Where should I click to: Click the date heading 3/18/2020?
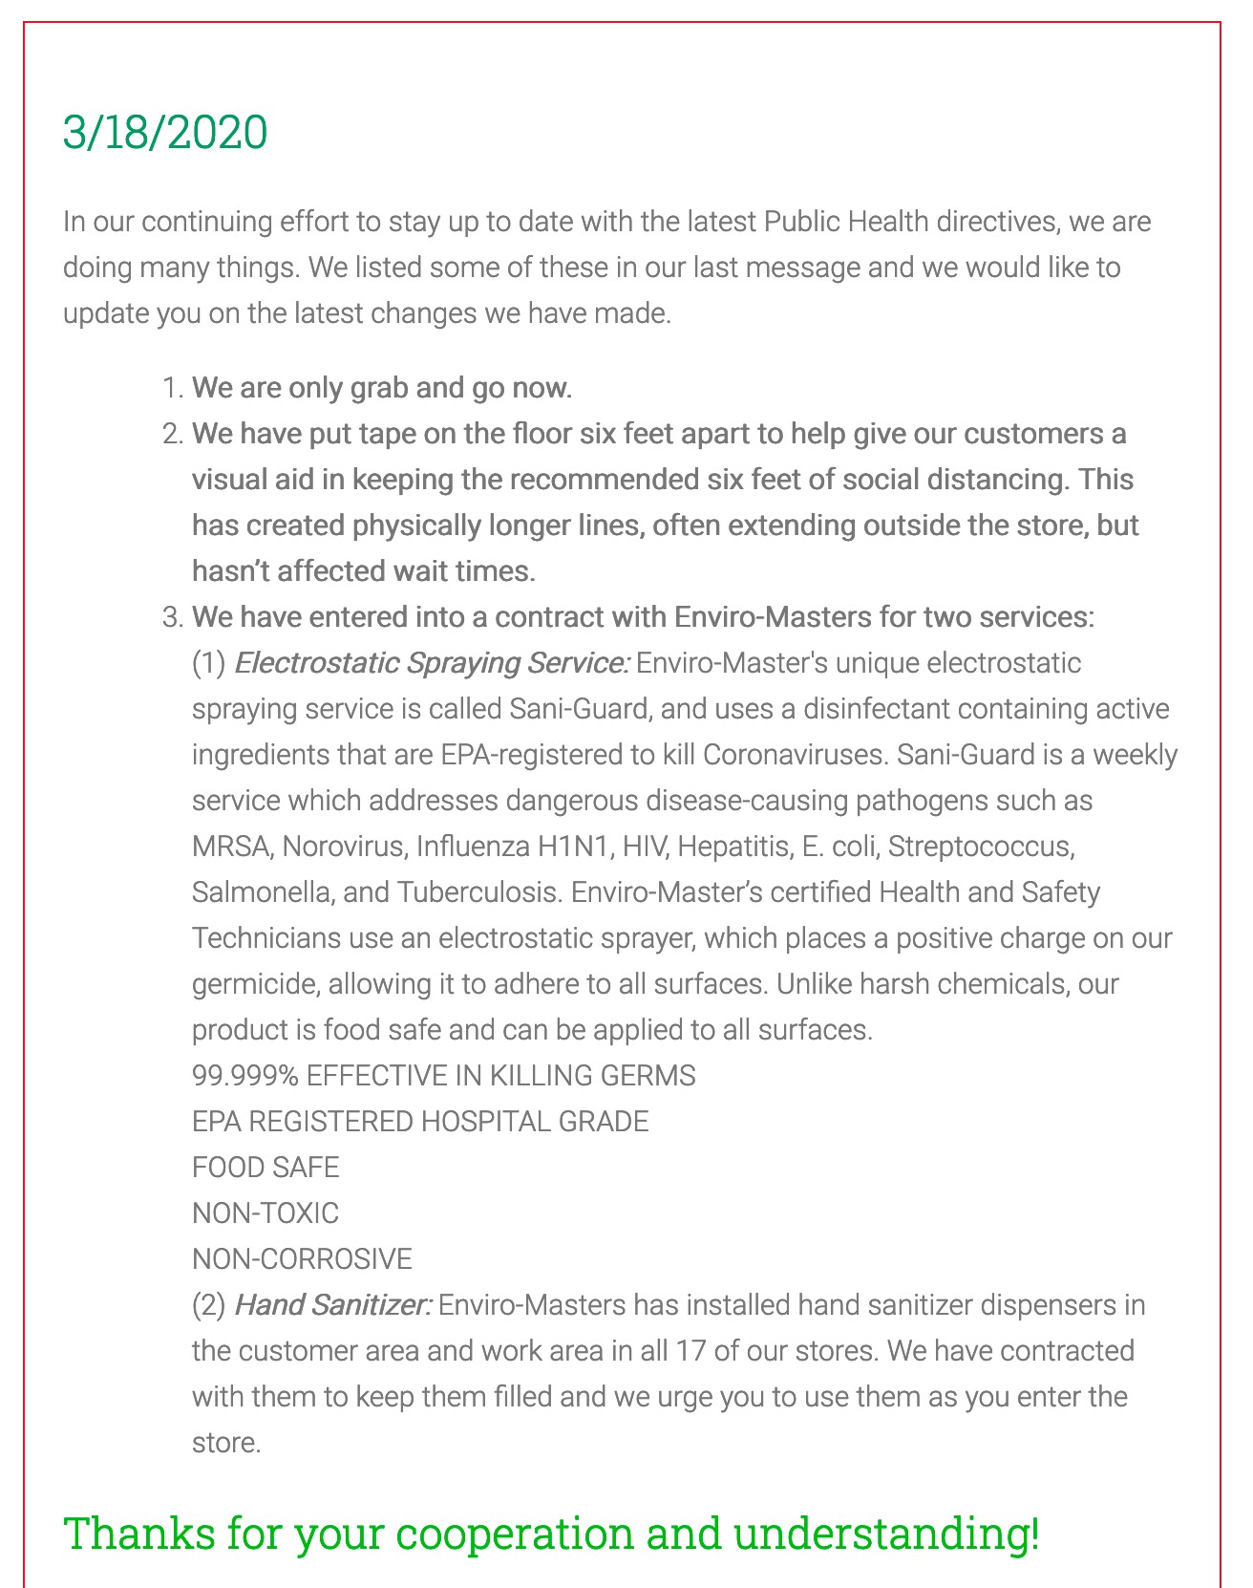pyautogui.click(x=164, y=132)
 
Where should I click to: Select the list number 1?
pyautogui.click(x=171, y=388)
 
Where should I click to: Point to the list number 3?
pyautogui.click(x=171, y=617)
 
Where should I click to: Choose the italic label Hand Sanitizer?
pyautogui.click(x=332, y=1305)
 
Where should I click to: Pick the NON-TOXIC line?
pyautogui.click(x=265, y=1213)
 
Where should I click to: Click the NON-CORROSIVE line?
pyautogui.click(x=302, y=1259)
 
